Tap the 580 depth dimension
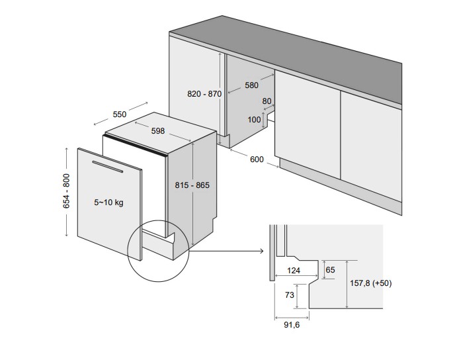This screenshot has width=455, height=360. tap(251, 85)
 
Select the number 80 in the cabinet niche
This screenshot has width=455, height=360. tap(267, 102)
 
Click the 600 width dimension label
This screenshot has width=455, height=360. tap(256, 159)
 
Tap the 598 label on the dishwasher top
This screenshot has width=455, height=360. tap(157, 131)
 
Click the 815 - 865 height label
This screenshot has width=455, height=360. tap(192, 185)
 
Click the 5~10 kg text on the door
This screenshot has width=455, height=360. tap(108, 202)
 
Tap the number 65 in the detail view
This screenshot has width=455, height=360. tap(331, 270)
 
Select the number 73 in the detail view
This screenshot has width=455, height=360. tap(290, 295)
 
